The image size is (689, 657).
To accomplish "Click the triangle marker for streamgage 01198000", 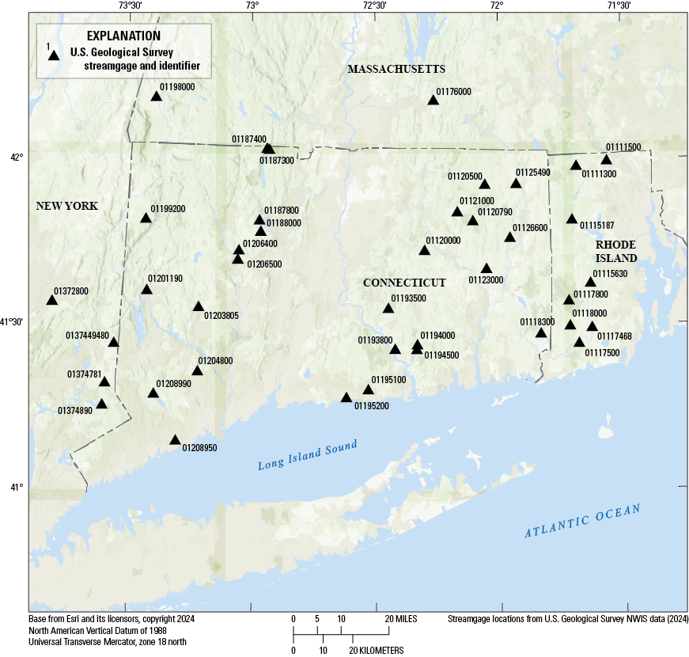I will click(x=156, y=97).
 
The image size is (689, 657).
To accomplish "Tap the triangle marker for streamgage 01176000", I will click(x=433, y=100).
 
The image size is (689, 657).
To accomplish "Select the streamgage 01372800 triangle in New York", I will click(x=52, y=300).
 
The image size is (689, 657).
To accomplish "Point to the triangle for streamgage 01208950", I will click(x=176, y=440).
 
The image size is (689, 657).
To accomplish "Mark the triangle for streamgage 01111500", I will click(x=607, y=160).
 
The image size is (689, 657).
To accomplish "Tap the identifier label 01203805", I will click(x=221, y=316).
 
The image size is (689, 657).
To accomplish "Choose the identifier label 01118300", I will click(x=537, y=321).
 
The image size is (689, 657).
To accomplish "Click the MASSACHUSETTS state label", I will click(x=396, y=70).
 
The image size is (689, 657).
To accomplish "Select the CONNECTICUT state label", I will click(x=404, y=283).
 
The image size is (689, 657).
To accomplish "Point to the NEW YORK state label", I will click(x=66, y=206).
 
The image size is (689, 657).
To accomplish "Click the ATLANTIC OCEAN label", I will click(x=581, y=522).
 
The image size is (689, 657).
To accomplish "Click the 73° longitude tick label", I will click(x=252, y=6).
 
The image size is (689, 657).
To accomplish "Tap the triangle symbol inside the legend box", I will click(x=54, y=55).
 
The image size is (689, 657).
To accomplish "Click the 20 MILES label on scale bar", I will click(x=402, y=618).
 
